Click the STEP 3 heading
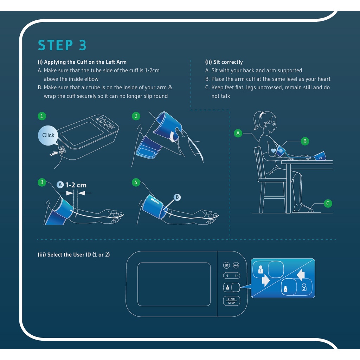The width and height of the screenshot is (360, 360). [62, 45]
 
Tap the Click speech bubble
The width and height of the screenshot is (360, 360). [48, 135]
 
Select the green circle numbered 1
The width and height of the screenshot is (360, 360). [42, 116]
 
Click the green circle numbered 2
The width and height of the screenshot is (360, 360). [136, 116]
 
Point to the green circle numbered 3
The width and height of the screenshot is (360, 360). [42, 182]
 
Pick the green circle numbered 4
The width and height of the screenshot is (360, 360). [136, 182]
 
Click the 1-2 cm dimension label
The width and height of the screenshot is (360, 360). [76, 185]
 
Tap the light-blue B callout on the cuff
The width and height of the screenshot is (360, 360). [177, 198]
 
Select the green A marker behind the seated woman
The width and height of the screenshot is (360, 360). [238, 133]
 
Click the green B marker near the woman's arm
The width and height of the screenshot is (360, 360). [305, 141]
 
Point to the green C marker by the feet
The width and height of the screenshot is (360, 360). [328, 203]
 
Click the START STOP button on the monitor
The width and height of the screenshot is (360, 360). [231, 301]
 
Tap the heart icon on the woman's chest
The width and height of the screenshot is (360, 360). [274, 150]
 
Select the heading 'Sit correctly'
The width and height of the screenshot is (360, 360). [224, 62]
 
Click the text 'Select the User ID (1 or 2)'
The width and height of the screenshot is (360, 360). [73, 255]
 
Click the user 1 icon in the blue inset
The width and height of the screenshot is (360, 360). [260, 270]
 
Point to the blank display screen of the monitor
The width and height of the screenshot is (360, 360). [174, 284]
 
